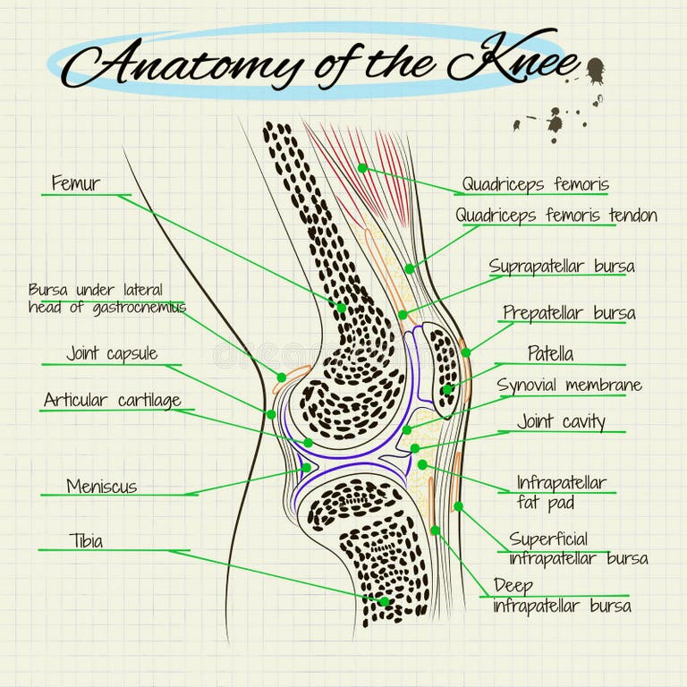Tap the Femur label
[x=75, y=183]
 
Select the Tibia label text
[x=86, y=540]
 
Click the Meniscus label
[x=101, y=487]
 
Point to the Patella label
[x=550, y=353]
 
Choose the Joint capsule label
[x=112, y=353]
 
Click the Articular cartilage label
[x=112, y=400]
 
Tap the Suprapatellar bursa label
[x=562, y=267]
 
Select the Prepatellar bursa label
[x=569, y=312]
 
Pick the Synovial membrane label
[x=569, y=386]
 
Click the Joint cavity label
[x=561, y=421]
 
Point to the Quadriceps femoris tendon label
[x=556, y=216]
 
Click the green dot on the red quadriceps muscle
[x=362, y=167]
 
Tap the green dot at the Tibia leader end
[x=384, y=601]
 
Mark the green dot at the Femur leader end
[x=341, y=307]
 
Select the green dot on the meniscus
[x=306, y=467]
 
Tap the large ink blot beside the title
[x=594, y=70]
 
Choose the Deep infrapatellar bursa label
[x=562, y=596]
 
